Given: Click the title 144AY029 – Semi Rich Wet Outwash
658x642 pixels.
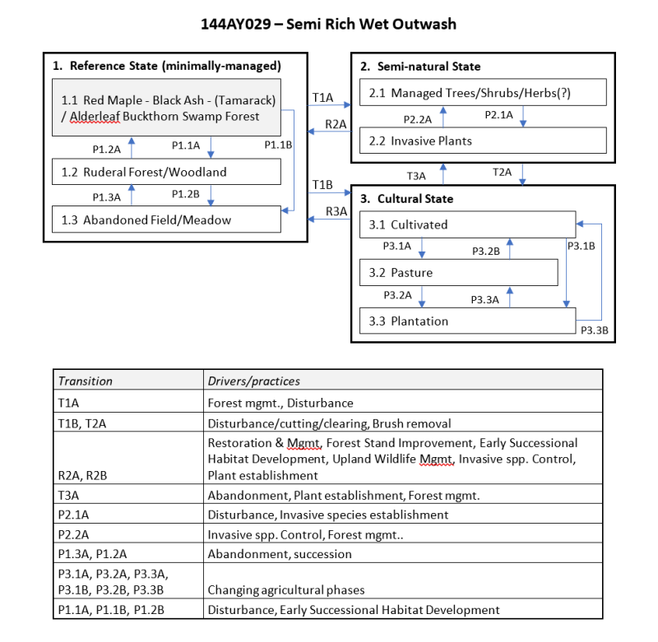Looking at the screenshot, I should point(328,24).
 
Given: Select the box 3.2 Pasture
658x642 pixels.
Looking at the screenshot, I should point(459,272).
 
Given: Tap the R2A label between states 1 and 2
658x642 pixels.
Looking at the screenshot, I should point(335,123).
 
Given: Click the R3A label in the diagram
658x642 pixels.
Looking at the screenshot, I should point(336,211).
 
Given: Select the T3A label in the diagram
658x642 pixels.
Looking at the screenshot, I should point(416,175).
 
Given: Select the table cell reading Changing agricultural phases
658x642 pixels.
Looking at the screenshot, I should point(285,589).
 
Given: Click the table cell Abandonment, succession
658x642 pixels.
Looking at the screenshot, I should point(280,553).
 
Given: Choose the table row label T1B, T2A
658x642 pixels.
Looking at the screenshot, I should point(82,423).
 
